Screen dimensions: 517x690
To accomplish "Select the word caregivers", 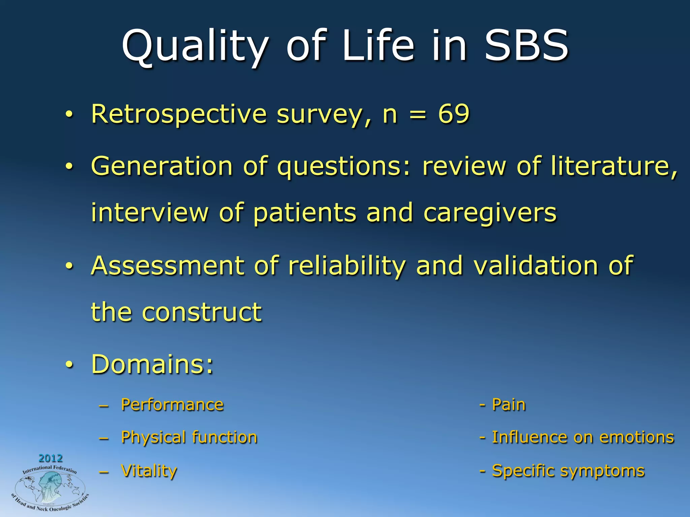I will click(x=490, y=213).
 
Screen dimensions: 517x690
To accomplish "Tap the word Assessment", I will click(x=167, y=266).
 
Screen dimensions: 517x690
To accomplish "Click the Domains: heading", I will click(x=152, y=364).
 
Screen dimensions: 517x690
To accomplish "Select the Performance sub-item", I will click(x=172, y=405).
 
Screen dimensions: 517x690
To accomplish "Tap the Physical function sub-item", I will click(x=189, y=438).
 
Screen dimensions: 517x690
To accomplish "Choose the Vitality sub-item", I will click(x=149, y=471).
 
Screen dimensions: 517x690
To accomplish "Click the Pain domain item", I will click(x=508, y=405).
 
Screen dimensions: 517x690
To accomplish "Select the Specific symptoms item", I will click(x=568, y=471).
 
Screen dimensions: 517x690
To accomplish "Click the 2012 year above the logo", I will click(x=51, y=458).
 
